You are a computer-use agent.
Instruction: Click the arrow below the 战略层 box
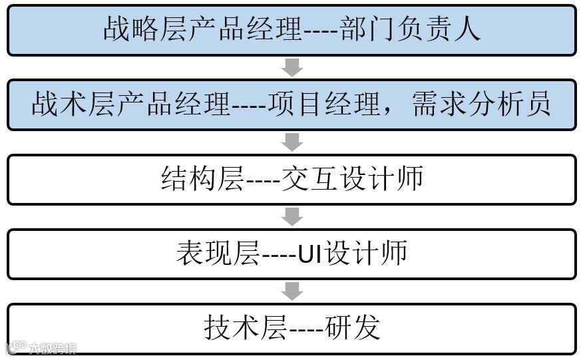[292, 67]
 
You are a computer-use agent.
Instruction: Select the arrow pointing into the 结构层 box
[292, 142]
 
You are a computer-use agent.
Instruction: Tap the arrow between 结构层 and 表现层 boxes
[292, 216]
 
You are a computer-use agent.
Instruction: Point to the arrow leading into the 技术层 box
[292, 291]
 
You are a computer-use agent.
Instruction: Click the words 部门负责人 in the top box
[410, 30]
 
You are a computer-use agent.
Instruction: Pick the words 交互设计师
[352, 180]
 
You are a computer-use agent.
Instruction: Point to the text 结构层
[202, 180]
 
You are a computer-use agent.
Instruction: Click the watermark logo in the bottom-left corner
[15, 348]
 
